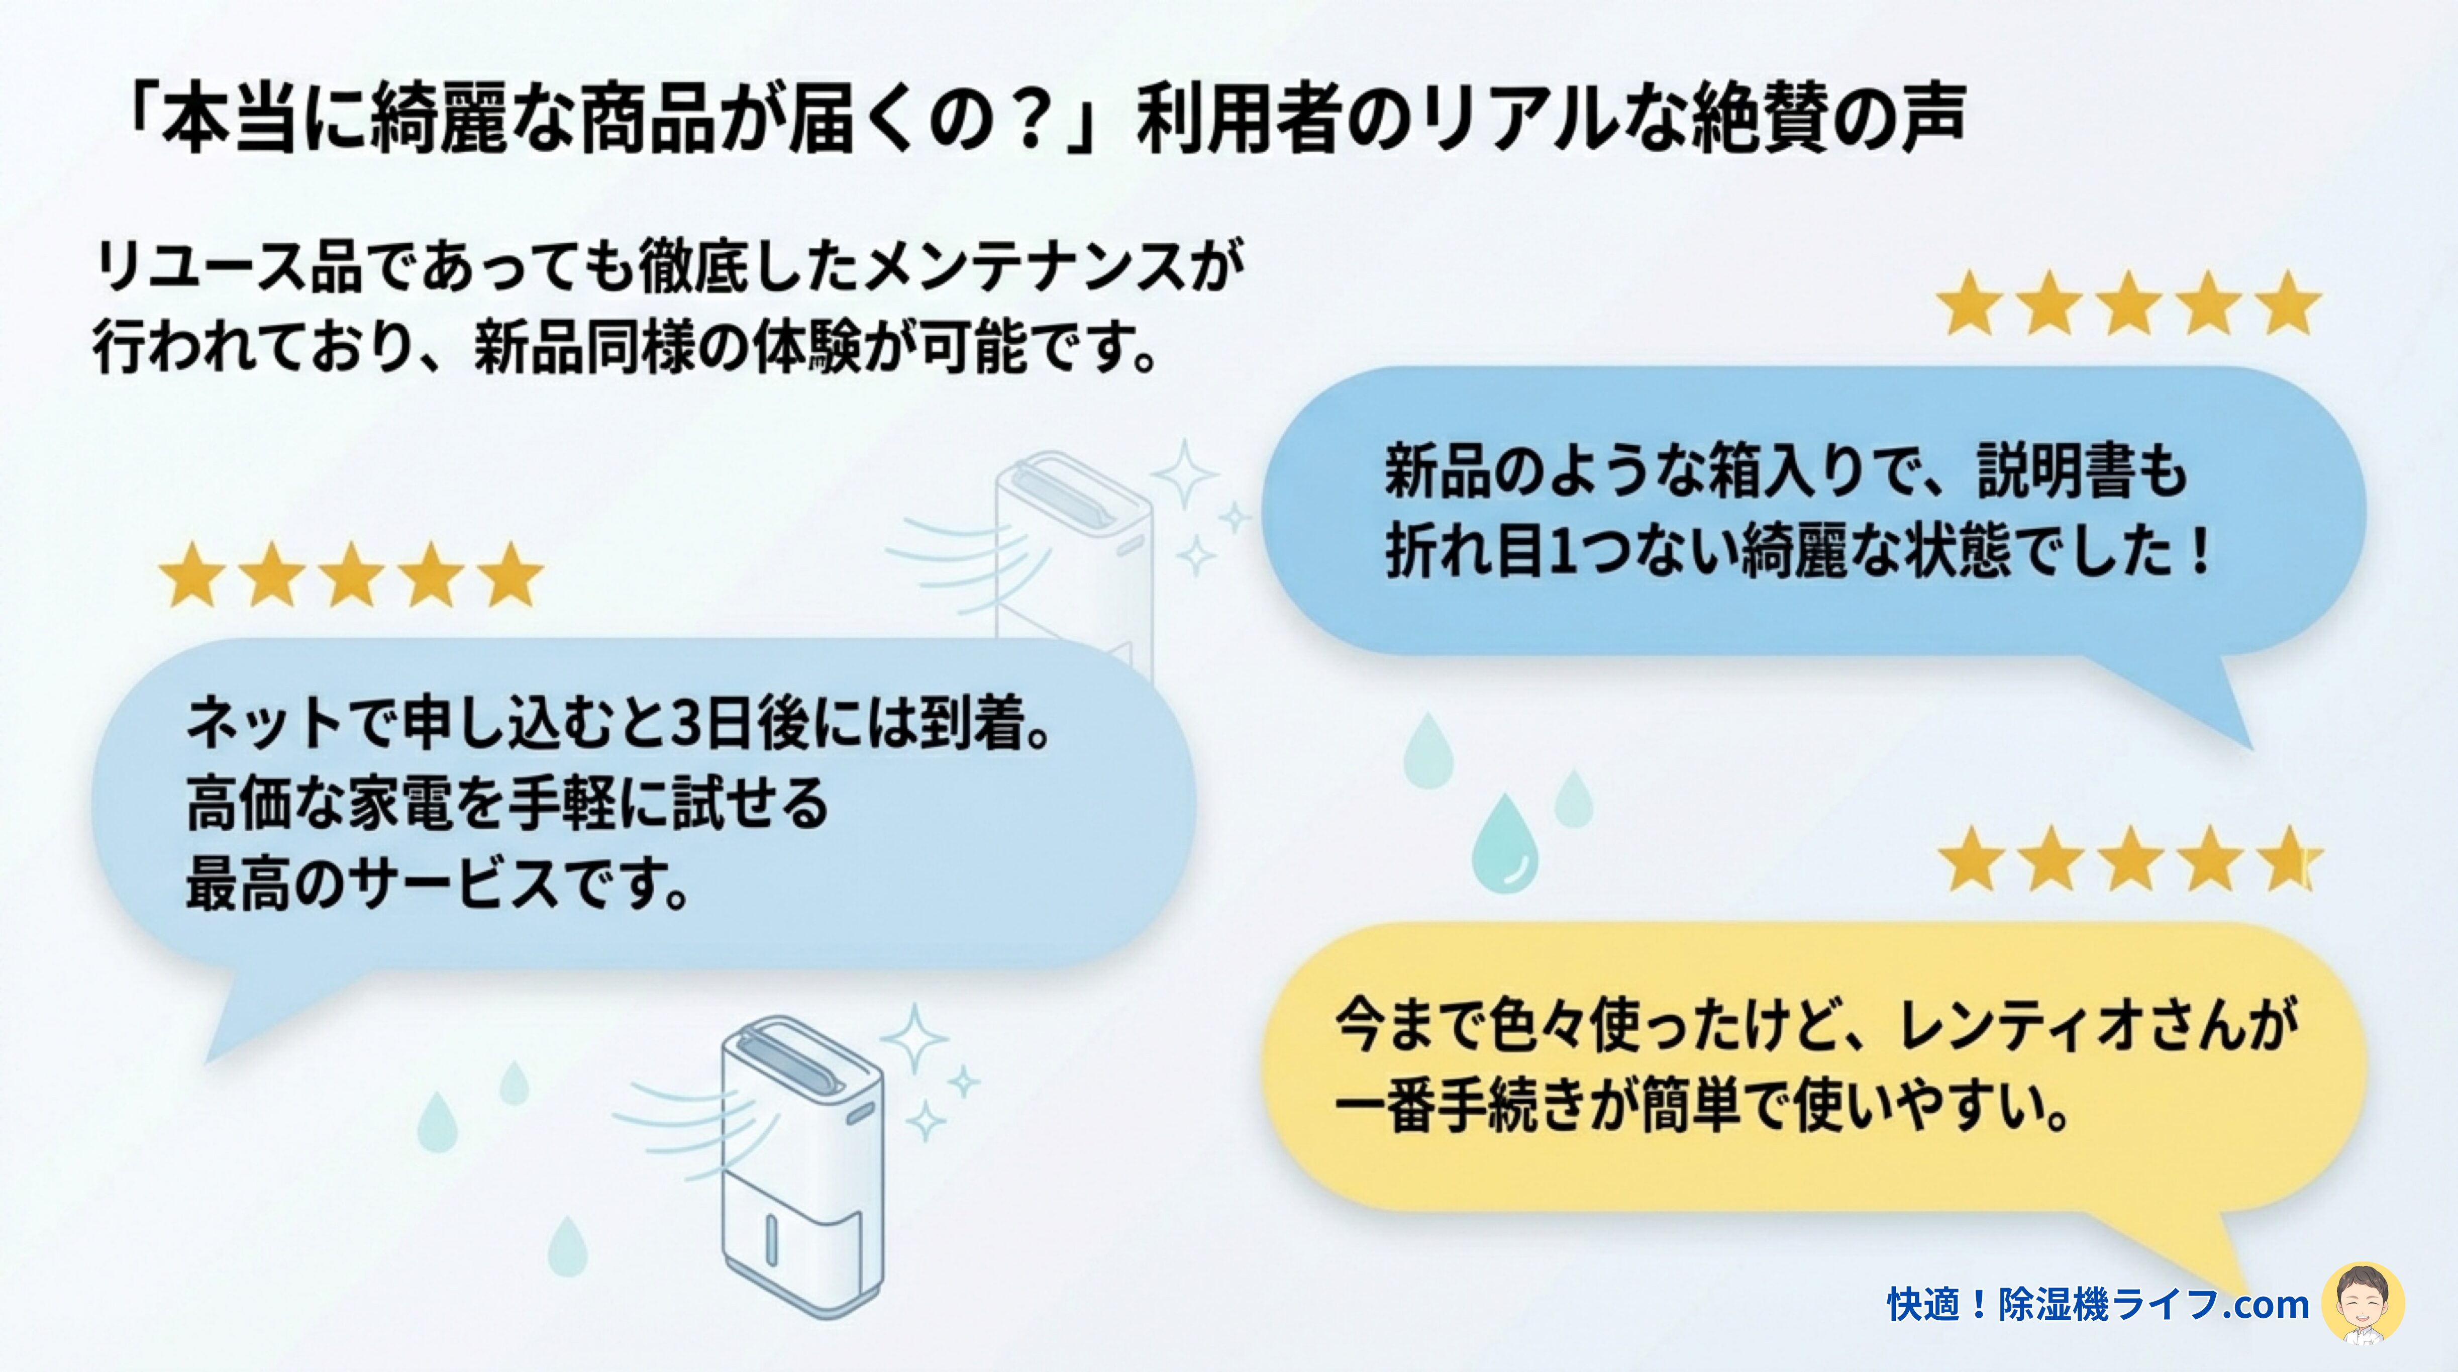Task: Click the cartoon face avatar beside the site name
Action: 2363,1303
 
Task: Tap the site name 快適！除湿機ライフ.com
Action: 2097,1304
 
